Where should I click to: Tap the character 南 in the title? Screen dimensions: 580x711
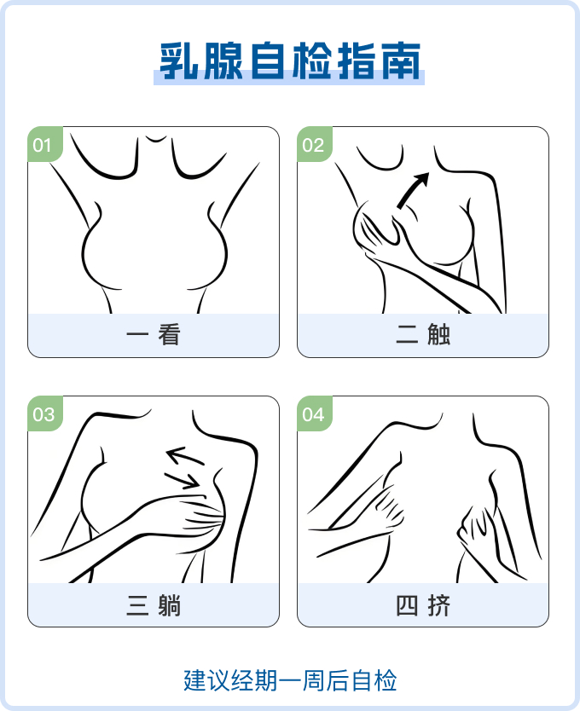pos(400,61)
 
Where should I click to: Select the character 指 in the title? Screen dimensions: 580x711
pos(357,61)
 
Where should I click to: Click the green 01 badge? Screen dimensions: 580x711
pos(45,144)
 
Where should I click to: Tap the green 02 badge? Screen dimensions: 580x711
pos(315,144)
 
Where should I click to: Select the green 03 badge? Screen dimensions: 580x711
pos(45,413)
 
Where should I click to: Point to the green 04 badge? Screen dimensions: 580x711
pos(315,413)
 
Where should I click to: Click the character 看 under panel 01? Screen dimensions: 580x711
pos(169,335)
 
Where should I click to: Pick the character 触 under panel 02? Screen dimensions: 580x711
pos(438,335)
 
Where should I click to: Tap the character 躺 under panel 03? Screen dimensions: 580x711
pos(169,605)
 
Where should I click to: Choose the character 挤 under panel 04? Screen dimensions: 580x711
pos(438,605)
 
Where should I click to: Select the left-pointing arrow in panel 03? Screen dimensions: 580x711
pos(185,456)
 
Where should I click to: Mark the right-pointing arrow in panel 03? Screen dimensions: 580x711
pos(183,481)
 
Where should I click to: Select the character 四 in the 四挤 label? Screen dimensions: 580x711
pos(407,605)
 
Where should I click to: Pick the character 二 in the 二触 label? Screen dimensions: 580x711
pos(407,335)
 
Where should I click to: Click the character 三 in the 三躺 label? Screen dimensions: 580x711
pos(137,605)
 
